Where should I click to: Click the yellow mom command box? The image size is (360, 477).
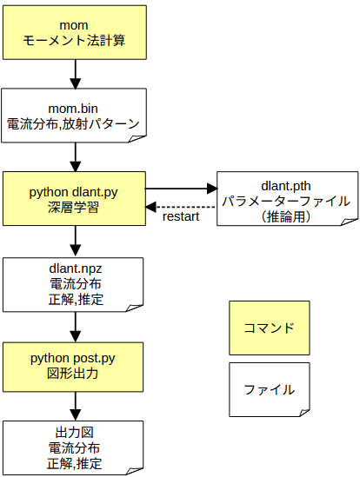[75, 32]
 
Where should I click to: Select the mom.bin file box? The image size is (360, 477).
[74, 116]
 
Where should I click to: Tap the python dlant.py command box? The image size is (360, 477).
[74, 199]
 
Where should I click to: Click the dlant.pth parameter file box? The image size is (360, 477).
[287, 199]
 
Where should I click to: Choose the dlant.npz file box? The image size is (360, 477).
[73, 285]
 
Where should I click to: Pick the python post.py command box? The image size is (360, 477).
[73, 367]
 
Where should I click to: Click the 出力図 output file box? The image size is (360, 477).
[73, 447]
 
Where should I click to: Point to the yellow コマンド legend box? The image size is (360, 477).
[270, 328]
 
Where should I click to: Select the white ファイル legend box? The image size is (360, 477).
[270, 389]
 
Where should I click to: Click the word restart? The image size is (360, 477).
[181, 216]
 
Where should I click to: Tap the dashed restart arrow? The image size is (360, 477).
[181, 207]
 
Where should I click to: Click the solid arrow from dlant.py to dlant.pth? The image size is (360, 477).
[181, 189]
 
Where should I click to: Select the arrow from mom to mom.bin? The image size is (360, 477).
[76, 74]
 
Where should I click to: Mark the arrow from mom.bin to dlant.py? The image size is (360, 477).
[76, 157]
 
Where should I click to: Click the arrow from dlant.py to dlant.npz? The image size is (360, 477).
[76, 242]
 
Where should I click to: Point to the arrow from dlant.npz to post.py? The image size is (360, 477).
[76, 327]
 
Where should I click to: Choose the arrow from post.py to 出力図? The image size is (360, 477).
[76, 407]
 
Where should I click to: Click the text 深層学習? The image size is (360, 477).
[73, 208]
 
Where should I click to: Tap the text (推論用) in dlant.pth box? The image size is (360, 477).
[286, 217]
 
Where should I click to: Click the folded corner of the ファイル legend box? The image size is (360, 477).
[305, 412]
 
